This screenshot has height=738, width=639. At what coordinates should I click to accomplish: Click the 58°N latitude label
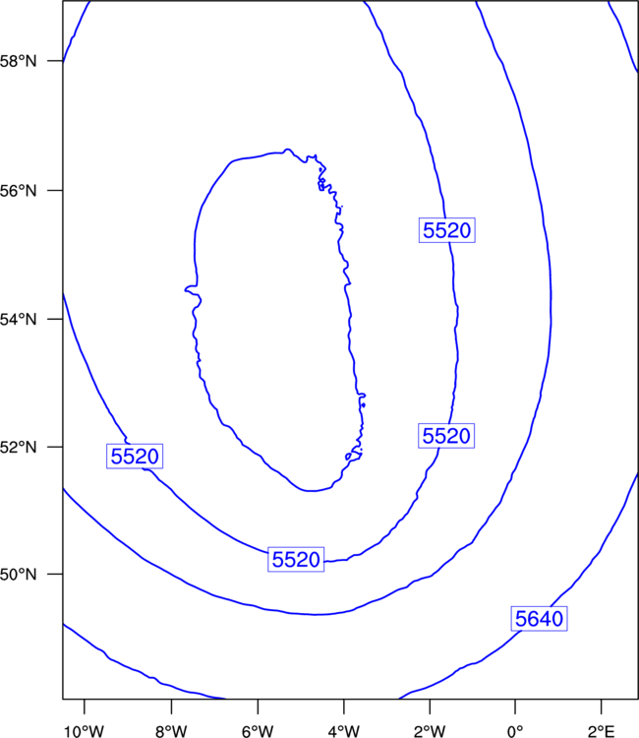18,61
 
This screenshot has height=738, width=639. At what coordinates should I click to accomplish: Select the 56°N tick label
18,191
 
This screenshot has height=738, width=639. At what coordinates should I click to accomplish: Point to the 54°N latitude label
18,319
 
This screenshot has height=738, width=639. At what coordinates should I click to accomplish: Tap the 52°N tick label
18,447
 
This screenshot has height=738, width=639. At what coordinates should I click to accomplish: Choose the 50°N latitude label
18,575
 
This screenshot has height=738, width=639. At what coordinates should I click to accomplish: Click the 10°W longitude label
85,731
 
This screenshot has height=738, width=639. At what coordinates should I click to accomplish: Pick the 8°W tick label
171,731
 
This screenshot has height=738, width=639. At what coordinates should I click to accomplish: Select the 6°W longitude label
258,731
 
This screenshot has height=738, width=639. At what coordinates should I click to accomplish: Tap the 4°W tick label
344,731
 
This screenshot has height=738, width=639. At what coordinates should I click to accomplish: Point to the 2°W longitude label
430,731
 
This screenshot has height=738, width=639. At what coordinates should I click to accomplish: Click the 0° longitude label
515,731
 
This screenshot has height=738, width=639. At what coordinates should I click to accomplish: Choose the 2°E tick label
602,731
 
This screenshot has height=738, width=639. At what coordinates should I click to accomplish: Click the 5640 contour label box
539,619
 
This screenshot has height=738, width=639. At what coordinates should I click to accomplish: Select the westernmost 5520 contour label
135,456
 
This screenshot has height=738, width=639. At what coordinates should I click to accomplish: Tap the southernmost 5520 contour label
296,560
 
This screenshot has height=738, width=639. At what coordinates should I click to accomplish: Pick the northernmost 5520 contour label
447,230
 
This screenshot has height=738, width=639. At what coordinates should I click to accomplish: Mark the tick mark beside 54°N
54,319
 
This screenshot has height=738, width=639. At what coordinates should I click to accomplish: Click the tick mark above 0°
515,707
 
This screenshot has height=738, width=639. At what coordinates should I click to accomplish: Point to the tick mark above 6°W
258,707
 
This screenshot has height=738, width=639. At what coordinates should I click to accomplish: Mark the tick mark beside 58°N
54,61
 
